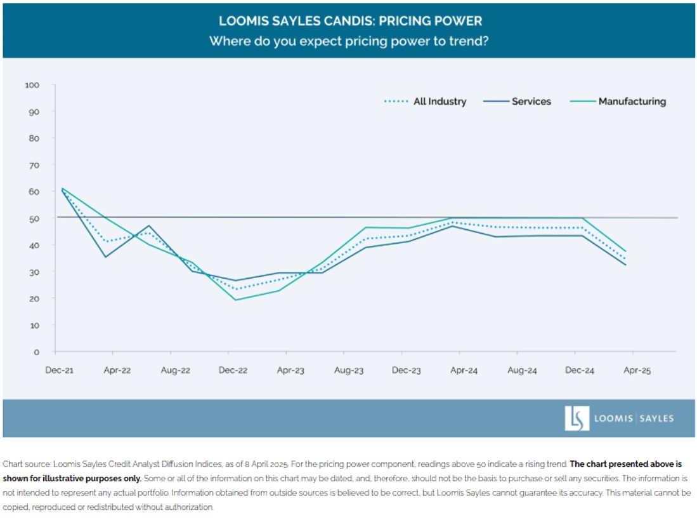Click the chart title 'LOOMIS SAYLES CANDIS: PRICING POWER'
click(x=350, y=20)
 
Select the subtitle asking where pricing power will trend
click(x=350, y=41)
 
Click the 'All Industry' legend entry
click(x=440, y=101)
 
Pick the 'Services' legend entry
click(x=531, y=101)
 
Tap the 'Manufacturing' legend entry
click(x=632, y=101)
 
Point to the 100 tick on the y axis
click(x=32, y=85)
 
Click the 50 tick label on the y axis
click(x=34, y=218)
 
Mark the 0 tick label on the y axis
click(x=37, y=352)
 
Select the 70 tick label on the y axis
click(x=34, y=165)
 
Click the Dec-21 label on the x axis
click(x=59, y=370)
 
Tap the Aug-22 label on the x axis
click(x=175, y=370)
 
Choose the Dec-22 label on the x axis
click(x=233, y=370)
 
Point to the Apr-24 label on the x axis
click(x=464, y=370)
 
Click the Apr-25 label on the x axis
click(x=637, y=370)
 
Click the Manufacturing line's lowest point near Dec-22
click(x=236, y=300)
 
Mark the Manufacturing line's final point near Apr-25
click(x=626, y=251)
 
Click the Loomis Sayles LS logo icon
click(x=577, y=418)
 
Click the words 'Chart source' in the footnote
click(x=23, y=464)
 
